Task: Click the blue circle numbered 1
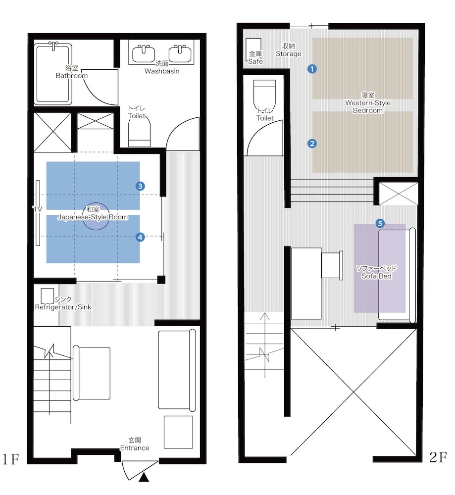click(x=312, y=69)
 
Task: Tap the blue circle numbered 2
click(x=312, y=144)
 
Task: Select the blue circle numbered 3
click(x=140, y=186)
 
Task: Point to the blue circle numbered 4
click(x=140, y=237)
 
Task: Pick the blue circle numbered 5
click(x=380, y=224)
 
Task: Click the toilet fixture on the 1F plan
click(x=139, y=133)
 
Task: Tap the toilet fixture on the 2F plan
click(x=264, y=95)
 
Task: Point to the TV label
click(x=37, y=209)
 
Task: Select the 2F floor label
click(x=438, y=457)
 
